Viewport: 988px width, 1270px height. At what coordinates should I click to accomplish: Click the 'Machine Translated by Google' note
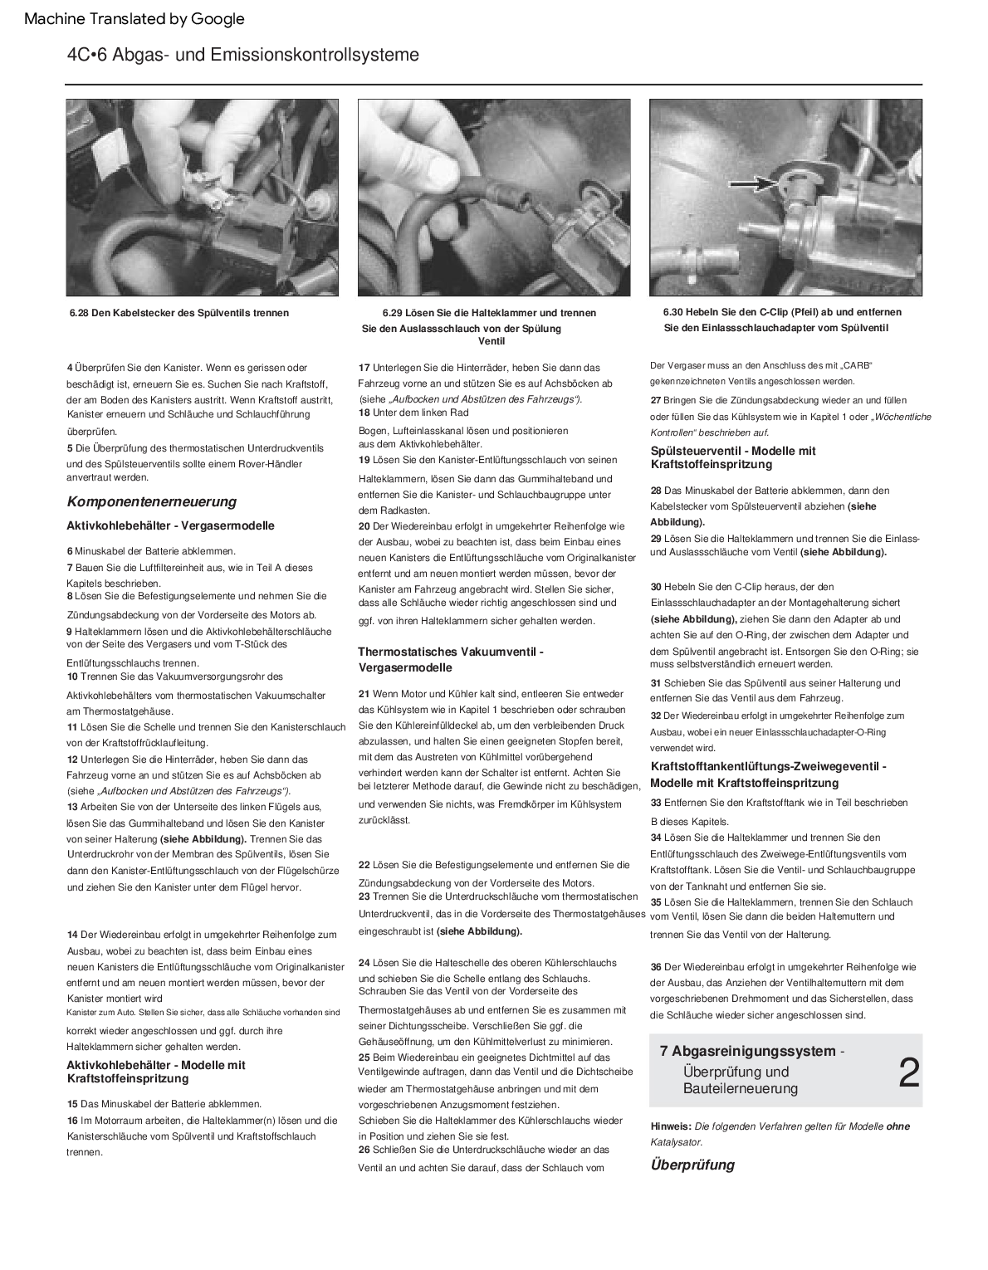[135, 19]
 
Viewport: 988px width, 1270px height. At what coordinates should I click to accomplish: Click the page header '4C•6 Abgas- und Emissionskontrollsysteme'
[243, 56]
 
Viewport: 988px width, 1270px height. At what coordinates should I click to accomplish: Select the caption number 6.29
[392, 313]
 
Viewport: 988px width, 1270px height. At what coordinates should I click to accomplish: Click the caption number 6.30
[673, 312]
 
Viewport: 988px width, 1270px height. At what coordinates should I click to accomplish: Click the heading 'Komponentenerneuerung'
[151, 501]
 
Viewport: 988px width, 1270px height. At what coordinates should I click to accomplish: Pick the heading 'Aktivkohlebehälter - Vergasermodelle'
[170, 525]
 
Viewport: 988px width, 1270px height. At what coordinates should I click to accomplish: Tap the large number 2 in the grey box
[908, 1074]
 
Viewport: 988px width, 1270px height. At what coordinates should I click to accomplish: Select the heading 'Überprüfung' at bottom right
[692, 1165]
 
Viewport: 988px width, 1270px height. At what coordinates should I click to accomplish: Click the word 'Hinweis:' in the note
[671, 1126]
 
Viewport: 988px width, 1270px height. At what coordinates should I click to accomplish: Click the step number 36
[656, 967]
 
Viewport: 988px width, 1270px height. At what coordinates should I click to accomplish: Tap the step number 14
[72, 935]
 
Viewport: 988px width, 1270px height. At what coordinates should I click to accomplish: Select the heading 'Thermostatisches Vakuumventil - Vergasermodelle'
[450, 660]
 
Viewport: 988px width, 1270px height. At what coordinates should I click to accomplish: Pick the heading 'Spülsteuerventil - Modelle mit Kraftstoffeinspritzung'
[733, 457]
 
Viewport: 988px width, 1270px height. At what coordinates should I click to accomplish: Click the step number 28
[656, 491]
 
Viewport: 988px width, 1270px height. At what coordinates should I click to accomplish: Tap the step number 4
[70, 368]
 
